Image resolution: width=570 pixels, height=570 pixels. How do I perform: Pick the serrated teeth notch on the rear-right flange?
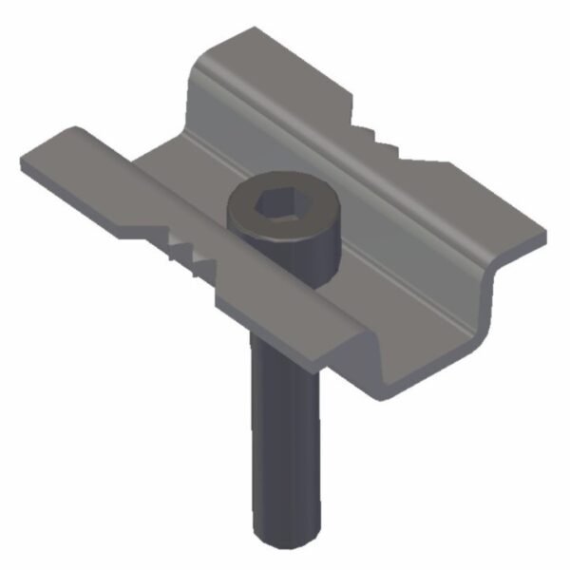click(x=394, y=142)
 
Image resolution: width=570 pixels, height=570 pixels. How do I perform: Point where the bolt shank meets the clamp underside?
click(x=285, y=347)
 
